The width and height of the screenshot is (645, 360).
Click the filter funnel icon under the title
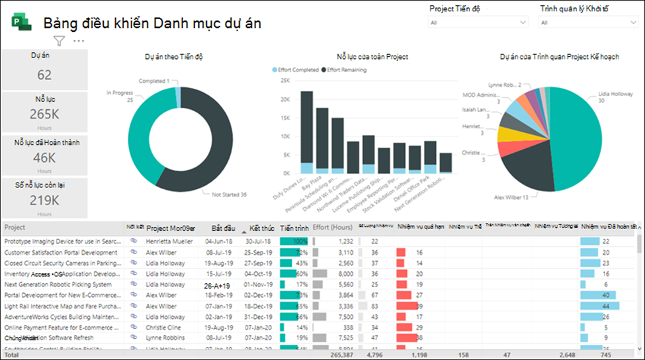(59, 41)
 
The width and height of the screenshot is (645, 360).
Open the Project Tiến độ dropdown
(478, 22)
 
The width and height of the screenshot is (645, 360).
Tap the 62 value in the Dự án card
(44, 75)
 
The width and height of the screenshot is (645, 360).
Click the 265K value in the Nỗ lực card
(44, 114)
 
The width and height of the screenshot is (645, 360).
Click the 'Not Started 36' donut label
(229, 195)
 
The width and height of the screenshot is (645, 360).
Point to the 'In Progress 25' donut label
(120, 97)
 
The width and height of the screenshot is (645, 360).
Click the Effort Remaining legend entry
(343, 69)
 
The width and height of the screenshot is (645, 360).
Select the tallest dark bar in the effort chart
(306, 127)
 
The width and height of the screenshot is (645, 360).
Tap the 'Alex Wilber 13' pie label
(511, 197)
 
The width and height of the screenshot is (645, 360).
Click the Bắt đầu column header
(222, 228)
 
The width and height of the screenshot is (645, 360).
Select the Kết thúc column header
(262, 228)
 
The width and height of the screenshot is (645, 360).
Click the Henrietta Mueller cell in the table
(171, 242)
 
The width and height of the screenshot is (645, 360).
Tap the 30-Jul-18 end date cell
(259, 242)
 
